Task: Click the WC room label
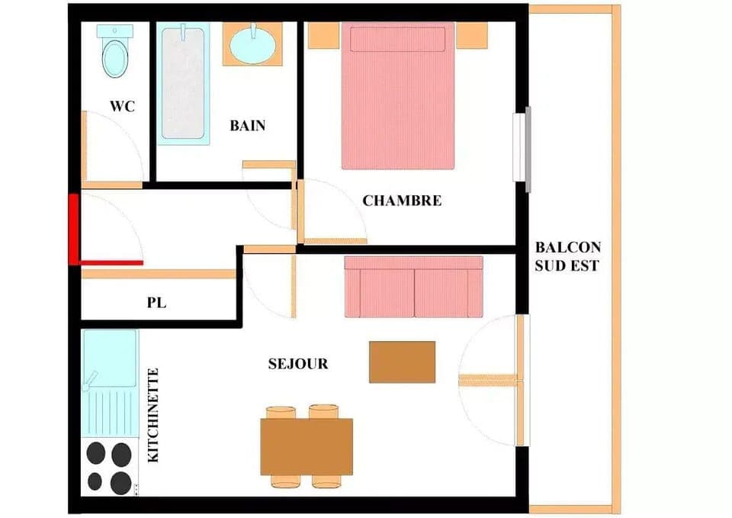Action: (x=122, y=106)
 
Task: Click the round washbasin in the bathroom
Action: (x=252, y=46)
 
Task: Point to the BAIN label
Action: (x=248, y=126)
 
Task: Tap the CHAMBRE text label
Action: (x=402, y=201)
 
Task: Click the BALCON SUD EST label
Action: (x=567, y=256)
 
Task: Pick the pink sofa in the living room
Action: (x=413, y=286)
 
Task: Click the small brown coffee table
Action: (x=402, y=362)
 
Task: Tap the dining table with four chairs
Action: (x=307, y=446)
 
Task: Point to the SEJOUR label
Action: (x=298, y=364)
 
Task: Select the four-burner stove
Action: (x=109, y=467)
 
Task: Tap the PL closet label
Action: (x=156, y=303)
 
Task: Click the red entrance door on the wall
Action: (x=74, y=229)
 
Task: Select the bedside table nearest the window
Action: (x=471, y=35)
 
